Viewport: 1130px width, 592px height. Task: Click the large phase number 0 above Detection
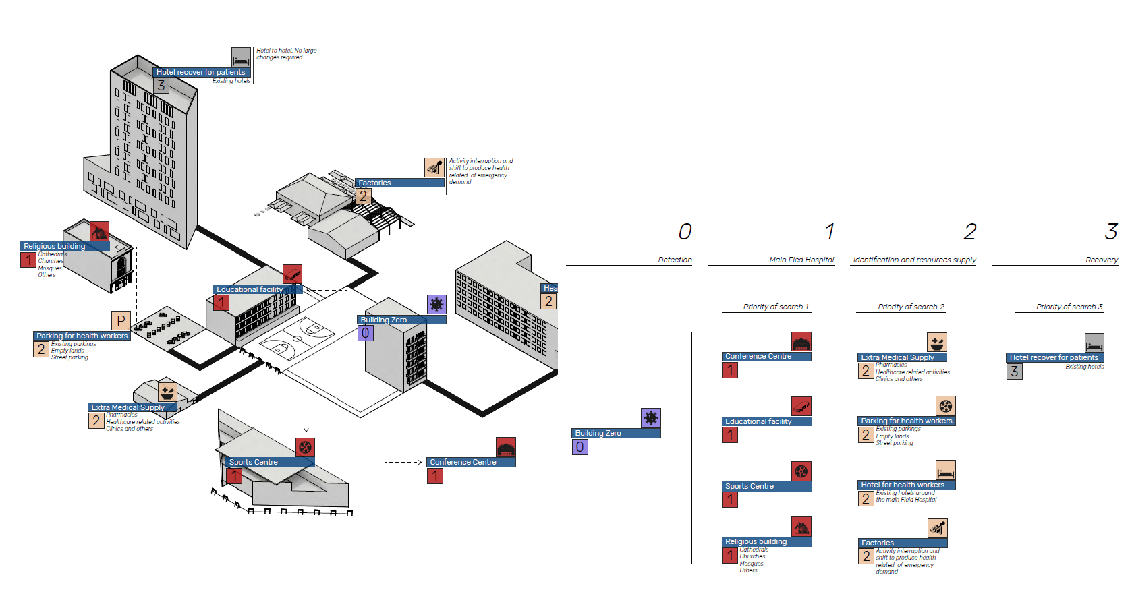click(x=685, y=232)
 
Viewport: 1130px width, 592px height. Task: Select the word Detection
click(x=675, y=260)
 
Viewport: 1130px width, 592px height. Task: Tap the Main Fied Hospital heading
click(x=801, y=260)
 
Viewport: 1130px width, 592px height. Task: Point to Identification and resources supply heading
click(x=914, y=260)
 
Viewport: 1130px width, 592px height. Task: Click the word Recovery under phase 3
click(x=1102, y=260)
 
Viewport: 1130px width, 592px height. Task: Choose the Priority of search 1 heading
click(x=776, y=307)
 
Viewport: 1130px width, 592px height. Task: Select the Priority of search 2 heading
click(x=911, y=307)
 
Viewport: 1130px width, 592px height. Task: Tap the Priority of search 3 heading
click(x=1069, y=307)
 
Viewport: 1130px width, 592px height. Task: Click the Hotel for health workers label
click(x=903, y=485)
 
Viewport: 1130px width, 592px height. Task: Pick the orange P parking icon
click(x=121, y=320)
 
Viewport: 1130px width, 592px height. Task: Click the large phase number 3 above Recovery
click(x=1111, y=232)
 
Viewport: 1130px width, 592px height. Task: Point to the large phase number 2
click(x=970, y=232)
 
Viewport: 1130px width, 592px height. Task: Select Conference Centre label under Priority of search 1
click(x=758, y=356)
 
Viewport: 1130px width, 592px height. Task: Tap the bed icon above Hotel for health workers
click(x=945, y=470)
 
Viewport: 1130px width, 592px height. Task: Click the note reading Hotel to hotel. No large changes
click(x=286, y=54)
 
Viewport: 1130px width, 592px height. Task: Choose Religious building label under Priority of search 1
click(x=756, y=541)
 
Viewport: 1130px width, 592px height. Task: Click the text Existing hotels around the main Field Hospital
click(x=906, y=496)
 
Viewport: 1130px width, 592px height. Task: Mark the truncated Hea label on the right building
click(x=550, y=288)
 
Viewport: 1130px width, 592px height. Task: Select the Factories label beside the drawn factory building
click(x=374, y=183)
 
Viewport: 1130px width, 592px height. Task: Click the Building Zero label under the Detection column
click(x=598, y=433)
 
